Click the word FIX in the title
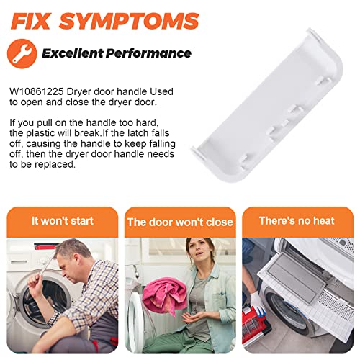(x=31, y=21)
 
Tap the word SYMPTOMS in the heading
(x=129, y=21)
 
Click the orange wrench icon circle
(x=22, y=53)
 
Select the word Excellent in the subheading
(x=72, y=53)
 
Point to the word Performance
(x=148, y=53)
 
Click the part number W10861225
(x=37, y=91)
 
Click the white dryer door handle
(x=267, y=105)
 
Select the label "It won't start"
(x=63, y=221)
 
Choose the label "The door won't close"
(x=180, y=222)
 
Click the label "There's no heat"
(x=297, y=220)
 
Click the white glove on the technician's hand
(x=258, y=304)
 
